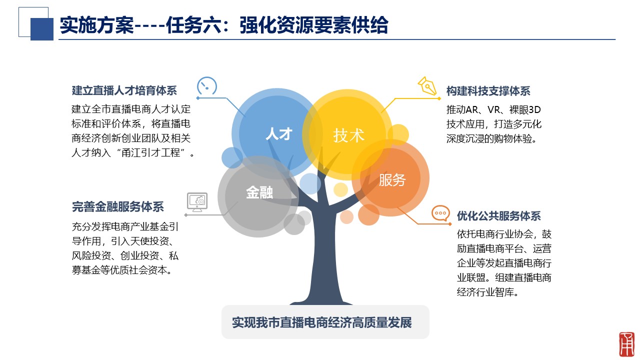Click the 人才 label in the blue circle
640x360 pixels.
pyautogui.click(x=279, y=133)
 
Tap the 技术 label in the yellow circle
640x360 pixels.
pyautogui.click(x=348, y=135)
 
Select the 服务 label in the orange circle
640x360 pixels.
pyautogui.click(x=392, y=180)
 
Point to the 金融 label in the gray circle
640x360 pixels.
pyautogui.click(x=259, y=192)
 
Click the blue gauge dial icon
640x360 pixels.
pyautogui.click(x=207, y=85)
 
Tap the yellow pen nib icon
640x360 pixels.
pyautogui.click(x=427, y=85)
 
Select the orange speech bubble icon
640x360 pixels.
pyautogui.click(x=440, y=213)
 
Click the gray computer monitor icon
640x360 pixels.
pyautogui.click(x=197, y=202)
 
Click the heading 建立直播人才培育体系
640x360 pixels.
pyautogui.click(x=124, y=90)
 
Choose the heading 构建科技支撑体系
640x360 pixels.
pyautogui.click(x=488, y=91)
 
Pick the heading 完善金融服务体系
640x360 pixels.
pyautogui.click(x=117, y=206)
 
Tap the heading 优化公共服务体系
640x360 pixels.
pyautogui.click(x=499, y=216)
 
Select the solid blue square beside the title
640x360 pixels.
pyautogui.click(x=41, y=29)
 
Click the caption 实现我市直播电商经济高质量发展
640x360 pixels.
pyautogui.click(x=322, y=322)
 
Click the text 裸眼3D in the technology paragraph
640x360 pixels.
pyautogui.click(x=525, y=109)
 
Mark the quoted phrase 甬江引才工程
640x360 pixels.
pyautogui.click(x=151, y=152)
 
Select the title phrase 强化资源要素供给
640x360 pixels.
pyautogui.click(x=314, y=25)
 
